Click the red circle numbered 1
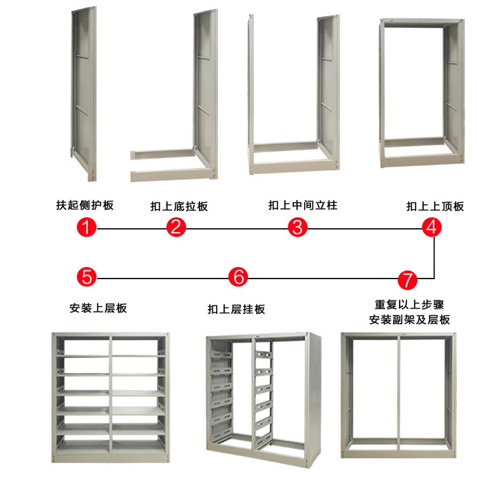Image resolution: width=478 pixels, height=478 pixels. click(87, 227)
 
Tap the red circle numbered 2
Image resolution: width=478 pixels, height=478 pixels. click(177, 227)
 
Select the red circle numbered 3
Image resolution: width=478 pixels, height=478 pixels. click(298, 227)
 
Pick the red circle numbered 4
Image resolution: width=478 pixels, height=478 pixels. click(432, 227)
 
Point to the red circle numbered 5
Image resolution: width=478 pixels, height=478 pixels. click(87, 277)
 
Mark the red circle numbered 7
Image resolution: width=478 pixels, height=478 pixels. click(408, 279)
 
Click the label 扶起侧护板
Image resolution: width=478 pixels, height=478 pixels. click(85, 205)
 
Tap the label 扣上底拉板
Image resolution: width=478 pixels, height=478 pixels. click(179, 206)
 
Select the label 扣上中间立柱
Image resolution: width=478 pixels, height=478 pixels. click(303, 205)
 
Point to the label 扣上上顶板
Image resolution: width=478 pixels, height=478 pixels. click(435, 206)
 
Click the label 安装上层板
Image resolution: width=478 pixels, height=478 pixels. click(98, 308)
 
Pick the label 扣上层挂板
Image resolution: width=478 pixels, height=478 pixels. click(236, 310)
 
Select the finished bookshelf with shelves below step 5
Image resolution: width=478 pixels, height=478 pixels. click(112, 396)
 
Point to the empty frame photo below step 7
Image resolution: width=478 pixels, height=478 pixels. click(400, 395)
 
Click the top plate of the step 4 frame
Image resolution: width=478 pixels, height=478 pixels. click(421, 23)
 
